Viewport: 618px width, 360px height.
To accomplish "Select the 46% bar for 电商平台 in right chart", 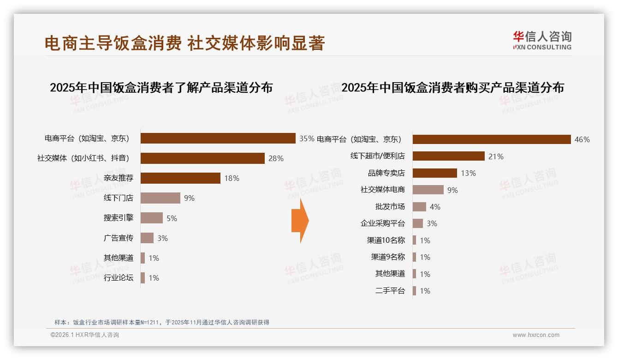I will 492,139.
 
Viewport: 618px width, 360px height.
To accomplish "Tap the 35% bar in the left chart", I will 218,138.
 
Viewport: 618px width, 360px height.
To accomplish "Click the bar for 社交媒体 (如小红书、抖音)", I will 202,158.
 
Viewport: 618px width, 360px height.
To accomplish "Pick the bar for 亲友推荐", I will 180,178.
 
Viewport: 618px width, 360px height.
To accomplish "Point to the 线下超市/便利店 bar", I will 448,156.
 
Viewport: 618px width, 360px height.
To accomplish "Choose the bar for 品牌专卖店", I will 434,173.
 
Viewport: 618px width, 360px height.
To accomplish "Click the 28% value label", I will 276,158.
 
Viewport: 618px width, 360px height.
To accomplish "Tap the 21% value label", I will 496,156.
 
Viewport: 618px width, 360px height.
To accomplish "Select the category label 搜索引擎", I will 118,218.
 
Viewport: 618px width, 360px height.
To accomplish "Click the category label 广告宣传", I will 118,238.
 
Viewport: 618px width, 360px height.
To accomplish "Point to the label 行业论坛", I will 118,278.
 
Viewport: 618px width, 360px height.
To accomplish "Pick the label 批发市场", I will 390,207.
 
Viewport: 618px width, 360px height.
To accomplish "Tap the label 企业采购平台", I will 382,223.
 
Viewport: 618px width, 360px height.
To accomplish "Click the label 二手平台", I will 390,291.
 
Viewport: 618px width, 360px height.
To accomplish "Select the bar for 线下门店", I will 160,198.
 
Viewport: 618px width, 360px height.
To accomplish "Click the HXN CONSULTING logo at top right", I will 542,41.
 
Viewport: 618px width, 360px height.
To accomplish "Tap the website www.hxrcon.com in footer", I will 536,335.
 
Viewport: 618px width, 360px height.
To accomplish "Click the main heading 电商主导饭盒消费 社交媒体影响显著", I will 184,43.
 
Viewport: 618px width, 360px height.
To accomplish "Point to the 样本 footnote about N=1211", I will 161,322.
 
